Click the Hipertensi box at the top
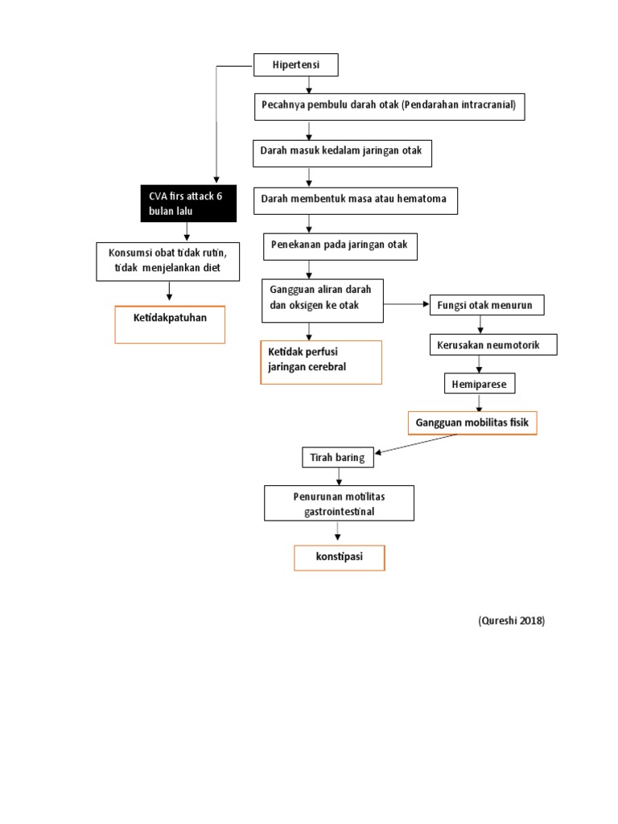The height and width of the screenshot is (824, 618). point(296,64)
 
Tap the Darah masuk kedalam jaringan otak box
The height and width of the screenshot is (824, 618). point(342,152)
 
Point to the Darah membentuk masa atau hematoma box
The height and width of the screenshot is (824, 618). point(355,200)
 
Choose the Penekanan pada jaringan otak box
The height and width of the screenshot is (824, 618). point(341,245)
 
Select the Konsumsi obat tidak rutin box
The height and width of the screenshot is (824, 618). point(168,262)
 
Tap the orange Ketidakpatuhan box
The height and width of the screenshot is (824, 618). point(170,324)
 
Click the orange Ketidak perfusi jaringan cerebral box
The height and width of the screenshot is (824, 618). point(320,362)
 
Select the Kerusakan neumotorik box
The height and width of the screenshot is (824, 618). point(493,345)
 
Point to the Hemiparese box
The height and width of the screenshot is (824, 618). point(479,385)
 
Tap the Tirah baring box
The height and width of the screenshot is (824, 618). point(337,458)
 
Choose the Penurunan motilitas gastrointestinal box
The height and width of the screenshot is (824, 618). point(339,504)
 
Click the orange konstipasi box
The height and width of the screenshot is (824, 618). point(339,557)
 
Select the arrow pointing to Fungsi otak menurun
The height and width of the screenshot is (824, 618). point(406,304)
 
